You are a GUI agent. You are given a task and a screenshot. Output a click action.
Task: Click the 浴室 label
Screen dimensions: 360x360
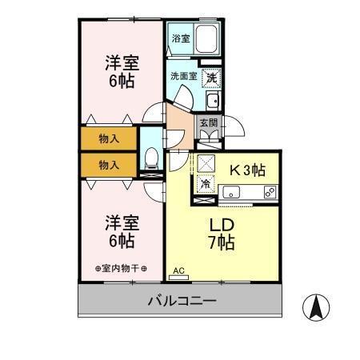pos(181,38)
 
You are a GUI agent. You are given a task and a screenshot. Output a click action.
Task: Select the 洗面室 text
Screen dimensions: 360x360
pos(182,77)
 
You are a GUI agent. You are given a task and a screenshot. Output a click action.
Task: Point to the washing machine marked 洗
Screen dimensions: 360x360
pos(211,78)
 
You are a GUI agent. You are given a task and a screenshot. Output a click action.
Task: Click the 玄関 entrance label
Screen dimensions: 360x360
pos(208,123)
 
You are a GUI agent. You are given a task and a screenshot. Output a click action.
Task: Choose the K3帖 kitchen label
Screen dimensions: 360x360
pos(249,170)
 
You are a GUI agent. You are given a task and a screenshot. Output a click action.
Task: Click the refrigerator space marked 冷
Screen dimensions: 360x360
pos(206,184)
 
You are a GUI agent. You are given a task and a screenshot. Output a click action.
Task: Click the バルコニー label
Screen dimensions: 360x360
pos(182,301)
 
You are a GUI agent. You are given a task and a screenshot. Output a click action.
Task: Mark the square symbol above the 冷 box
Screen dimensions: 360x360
pos(206,164)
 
